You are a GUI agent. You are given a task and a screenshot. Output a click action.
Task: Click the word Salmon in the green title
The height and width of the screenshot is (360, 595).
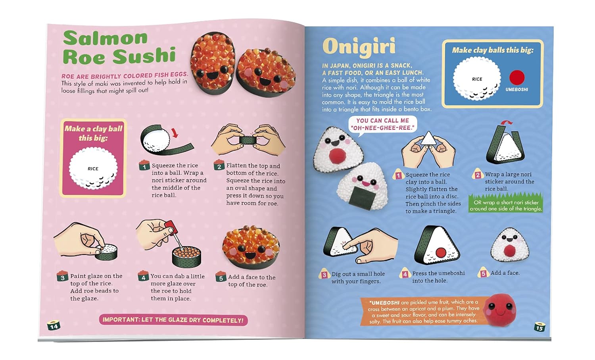105,39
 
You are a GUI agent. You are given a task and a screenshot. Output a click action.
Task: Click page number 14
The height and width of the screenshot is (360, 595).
54,326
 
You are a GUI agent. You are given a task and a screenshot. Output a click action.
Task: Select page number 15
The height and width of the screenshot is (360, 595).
539,327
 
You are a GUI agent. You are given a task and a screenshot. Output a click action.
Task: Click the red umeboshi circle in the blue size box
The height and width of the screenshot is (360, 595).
517,77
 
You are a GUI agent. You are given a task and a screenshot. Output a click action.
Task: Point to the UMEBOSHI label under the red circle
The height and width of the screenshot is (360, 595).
516,90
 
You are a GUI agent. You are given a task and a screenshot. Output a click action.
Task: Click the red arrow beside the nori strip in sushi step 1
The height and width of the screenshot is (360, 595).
175,133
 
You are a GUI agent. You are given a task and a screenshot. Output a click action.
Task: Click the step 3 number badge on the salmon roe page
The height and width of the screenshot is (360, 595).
62,277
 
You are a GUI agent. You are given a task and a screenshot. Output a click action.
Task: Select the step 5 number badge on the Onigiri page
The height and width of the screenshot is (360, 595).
483,273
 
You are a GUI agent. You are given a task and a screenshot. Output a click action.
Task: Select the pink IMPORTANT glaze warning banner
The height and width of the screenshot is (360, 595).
173,320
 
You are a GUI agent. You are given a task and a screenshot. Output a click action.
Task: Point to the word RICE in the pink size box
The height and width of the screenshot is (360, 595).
93,169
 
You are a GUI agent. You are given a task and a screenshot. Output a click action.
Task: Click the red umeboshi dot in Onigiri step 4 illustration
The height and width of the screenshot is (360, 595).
441,252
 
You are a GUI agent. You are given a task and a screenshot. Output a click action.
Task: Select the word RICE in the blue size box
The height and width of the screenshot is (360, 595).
477,79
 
